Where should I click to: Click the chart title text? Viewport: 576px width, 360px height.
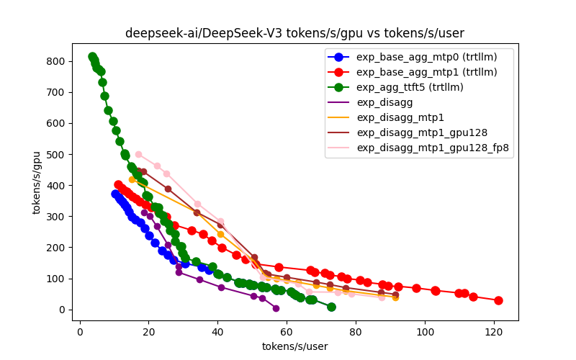pos(294,33)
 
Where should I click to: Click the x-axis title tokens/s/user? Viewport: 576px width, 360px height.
pos(294,346)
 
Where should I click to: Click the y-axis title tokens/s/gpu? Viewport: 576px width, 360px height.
pos(36,181)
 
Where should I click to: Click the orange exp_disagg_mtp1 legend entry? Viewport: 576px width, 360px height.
pos(400,117)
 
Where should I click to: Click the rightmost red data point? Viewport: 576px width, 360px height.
pos(498,300)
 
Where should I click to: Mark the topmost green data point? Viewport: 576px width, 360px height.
pos(93,57)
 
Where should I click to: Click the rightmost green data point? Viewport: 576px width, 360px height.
pos(331,307)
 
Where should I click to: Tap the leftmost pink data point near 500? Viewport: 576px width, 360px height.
pos(138,154)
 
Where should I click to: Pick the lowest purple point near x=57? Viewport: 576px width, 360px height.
pos(276,308)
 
